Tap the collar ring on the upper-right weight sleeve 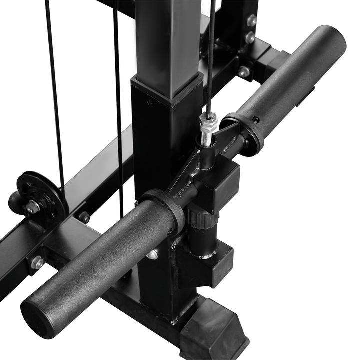coord(244,132)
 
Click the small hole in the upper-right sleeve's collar coord(256,120)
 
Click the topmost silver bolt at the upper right coord(252,20)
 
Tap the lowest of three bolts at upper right coord(244,71)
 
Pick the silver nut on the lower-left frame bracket coord(37,262)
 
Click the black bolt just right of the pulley coord(84,217)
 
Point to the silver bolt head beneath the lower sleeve coord(152,254)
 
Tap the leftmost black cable coord(54,90)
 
